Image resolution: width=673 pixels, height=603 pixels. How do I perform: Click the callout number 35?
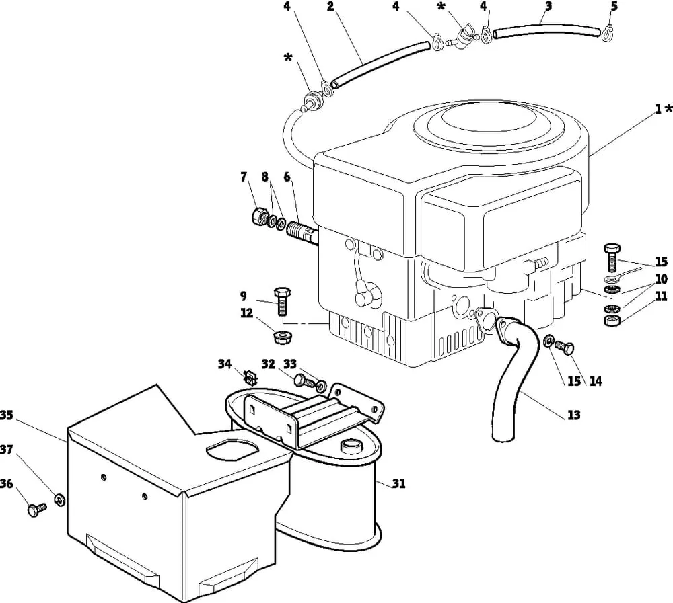click(7, 415)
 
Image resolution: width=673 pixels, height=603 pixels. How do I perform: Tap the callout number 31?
click(398, 483)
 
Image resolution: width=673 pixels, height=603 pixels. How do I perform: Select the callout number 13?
click(573, 415)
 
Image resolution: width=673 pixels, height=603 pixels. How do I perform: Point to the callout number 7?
click(244, 176)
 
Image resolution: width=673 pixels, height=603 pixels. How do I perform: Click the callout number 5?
click(614, 7)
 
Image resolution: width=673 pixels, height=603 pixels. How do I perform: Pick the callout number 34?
click(225, 364)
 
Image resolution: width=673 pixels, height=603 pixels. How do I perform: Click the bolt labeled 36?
click(36, 510)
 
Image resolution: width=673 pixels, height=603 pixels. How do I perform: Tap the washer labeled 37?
click(59, 499)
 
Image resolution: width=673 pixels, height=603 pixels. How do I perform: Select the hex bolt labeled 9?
click(283, 301)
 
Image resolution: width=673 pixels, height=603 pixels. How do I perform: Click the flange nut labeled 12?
click(283, 336)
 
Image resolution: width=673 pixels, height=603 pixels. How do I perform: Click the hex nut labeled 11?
click(611, 321)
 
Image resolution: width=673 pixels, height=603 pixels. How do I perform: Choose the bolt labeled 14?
click(563, 346)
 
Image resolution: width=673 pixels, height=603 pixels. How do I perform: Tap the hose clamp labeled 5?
click(608, 34)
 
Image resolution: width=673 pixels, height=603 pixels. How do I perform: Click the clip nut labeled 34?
click(250, 378)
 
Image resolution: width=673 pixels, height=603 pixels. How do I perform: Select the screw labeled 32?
click(304, 380)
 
